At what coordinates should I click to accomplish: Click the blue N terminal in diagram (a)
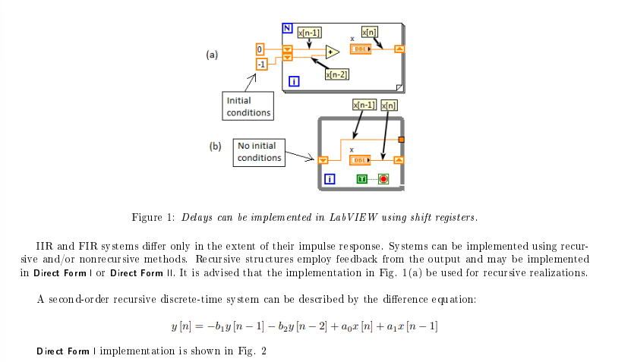287,28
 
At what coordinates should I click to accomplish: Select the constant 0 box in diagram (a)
260,49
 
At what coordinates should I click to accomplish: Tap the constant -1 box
260,65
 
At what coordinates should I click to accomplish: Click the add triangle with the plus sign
332,52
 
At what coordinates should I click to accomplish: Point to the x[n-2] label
336,74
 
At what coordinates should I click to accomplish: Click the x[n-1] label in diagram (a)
309,32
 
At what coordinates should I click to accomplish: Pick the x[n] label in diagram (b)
388,105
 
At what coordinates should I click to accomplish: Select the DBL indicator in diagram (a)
360,49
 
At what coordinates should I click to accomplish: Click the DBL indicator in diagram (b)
359,159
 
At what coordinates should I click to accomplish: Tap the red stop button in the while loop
384,179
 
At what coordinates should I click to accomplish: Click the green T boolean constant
363,179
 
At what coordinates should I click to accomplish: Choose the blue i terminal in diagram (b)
330,180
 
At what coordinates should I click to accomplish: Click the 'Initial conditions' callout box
248,106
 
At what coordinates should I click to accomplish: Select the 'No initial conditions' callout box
259,152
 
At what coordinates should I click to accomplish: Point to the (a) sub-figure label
212,55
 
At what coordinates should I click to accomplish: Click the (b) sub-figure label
215,146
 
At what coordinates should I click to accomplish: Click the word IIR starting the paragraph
44,247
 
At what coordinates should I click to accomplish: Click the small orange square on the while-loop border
401,139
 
